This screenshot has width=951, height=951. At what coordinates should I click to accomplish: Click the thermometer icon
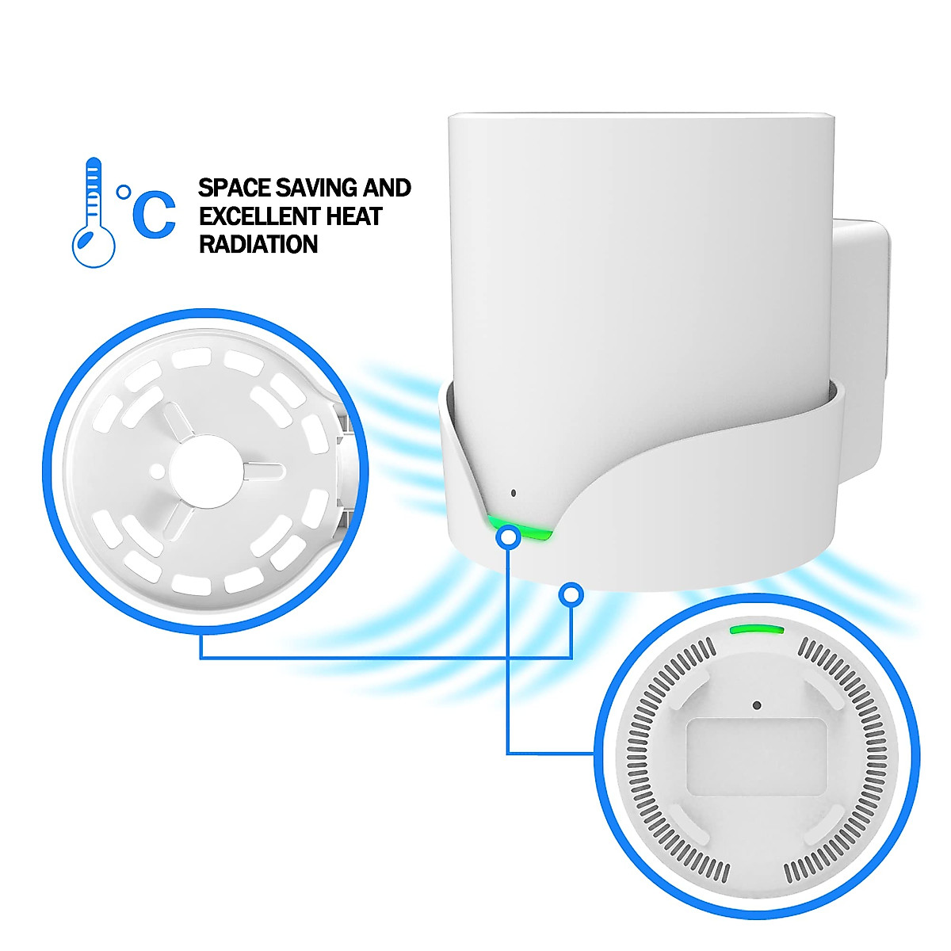point(93,212)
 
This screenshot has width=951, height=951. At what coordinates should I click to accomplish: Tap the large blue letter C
point(154,215)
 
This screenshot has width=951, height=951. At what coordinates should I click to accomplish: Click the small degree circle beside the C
point(123,191)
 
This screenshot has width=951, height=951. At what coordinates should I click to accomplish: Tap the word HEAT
point(353,216)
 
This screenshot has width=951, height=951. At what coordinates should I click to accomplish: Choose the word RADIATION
point(258,244)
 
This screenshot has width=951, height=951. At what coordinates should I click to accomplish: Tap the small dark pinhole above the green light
point(514,493)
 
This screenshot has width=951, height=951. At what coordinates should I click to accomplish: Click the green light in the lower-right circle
point(757,629)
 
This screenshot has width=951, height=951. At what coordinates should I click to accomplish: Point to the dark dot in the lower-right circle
point(757,705)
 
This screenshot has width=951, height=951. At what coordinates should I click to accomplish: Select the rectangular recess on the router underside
point(757,757)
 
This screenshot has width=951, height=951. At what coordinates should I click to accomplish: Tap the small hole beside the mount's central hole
point(158,470)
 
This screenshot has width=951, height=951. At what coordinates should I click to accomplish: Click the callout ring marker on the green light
point(507,537)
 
